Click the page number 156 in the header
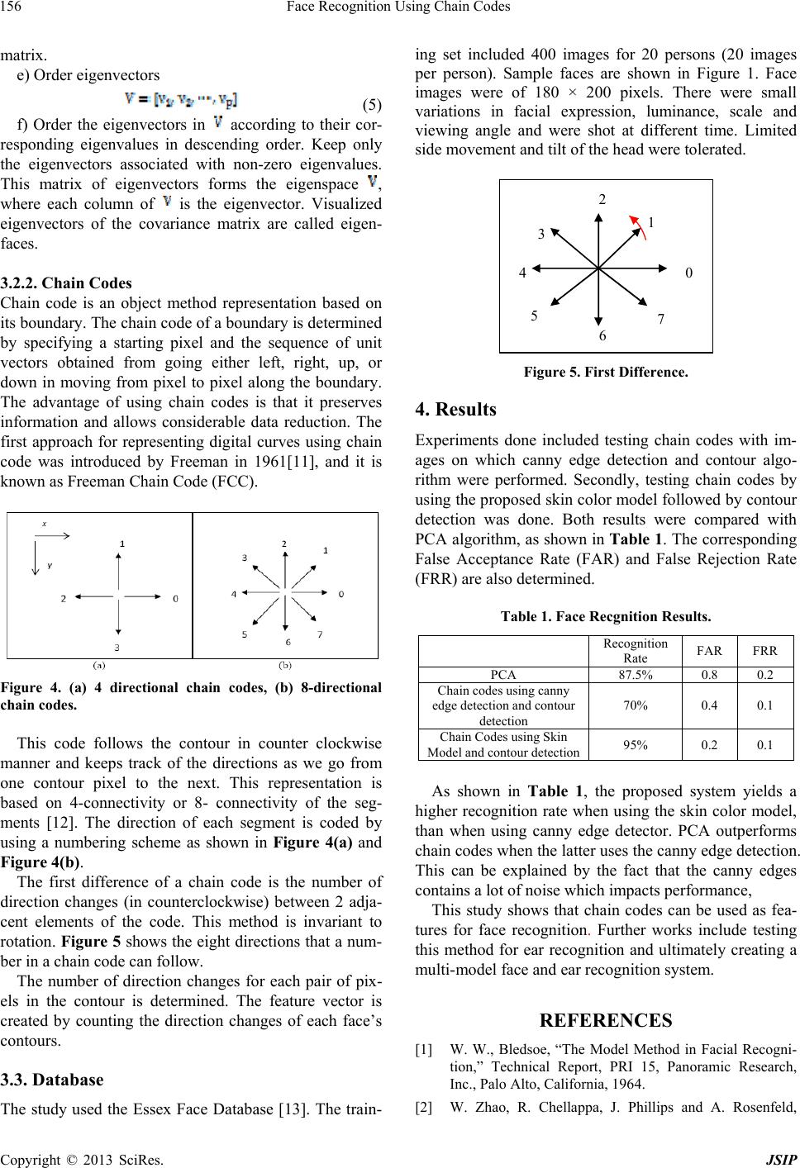tap(12, 7)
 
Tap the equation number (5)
tap(371, 105)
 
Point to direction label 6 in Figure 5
tap(602, 336)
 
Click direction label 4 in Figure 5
tap(522, 272)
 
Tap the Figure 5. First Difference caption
tap(606, 373)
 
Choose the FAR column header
tap(705, 649)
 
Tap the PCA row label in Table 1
tap(503, 674)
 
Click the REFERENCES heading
tap(606, 1021)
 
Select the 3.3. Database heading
tap(52, 1080)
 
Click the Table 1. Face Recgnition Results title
tap(606, 616)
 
